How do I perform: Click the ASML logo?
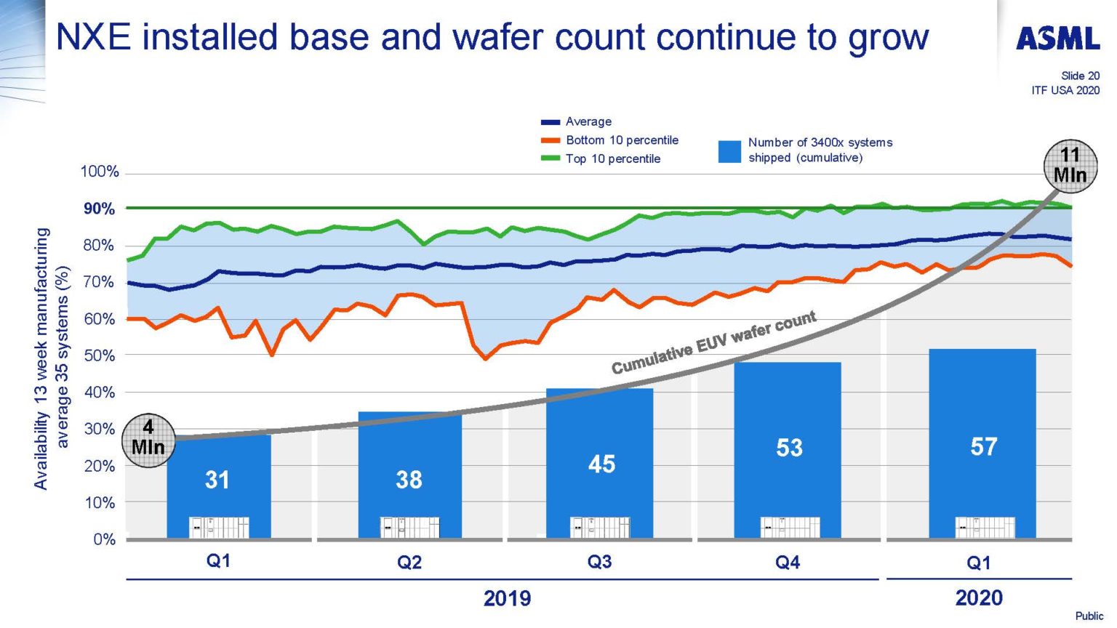[1057, 39]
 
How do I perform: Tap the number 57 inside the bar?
[983, 446]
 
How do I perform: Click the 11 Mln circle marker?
[1070, 166]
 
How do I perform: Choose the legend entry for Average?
[588, 121]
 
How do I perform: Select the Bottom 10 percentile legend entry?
[621, 140]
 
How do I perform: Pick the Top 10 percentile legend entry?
[612, 158]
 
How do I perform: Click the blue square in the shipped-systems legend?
[729, 150]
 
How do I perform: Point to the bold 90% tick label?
[99, 209]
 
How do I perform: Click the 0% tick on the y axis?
[104, 539]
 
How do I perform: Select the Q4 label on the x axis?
[788, 563]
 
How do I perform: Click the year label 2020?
[979, 598]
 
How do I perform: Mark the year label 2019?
[507, 598]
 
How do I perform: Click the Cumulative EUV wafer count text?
[713, 342]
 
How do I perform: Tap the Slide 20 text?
[1080, 76]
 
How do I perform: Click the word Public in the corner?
[1089, 616]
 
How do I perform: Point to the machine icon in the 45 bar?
[600, 527]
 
